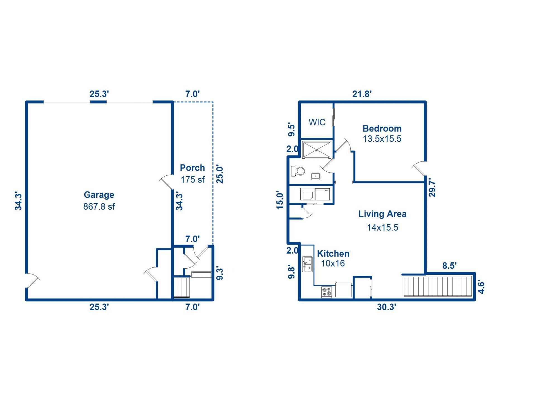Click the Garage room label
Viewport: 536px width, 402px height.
[x=99, y=195]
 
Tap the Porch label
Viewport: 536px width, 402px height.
[x=192, y=168]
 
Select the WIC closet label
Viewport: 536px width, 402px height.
[x=317, y=122]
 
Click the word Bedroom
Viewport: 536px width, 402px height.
[x=382, y=128]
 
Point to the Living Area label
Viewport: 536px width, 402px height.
[x=382, y=214]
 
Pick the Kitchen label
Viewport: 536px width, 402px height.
[x=333, y=253]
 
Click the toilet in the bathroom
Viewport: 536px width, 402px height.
[x=298, y=171]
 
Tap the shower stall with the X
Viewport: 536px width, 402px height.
[x=317, y=150]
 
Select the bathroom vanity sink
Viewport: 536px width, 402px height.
[x=316, y=176]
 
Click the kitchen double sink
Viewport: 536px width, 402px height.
[x=307, y=264]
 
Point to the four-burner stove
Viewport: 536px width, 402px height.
[x=327, y=292]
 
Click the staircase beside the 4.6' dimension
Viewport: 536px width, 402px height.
[x=438, y=286]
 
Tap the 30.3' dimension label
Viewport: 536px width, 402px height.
[x=386, y=307]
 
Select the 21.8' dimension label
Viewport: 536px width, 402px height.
[x=362, y=94]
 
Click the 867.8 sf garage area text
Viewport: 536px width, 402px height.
[x=99, y=207]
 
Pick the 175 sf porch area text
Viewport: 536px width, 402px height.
[x=193, y=180]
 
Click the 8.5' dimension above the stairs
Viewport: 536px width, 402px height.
[x=449, y=266]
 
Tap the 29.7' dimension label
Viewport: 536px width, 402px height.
[x=432, y=188]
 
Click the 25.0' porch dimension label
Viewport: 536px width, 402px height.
[x=220, y=175]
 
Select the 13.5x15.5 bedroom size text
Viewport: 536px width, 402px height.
[x=382, y=139]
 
